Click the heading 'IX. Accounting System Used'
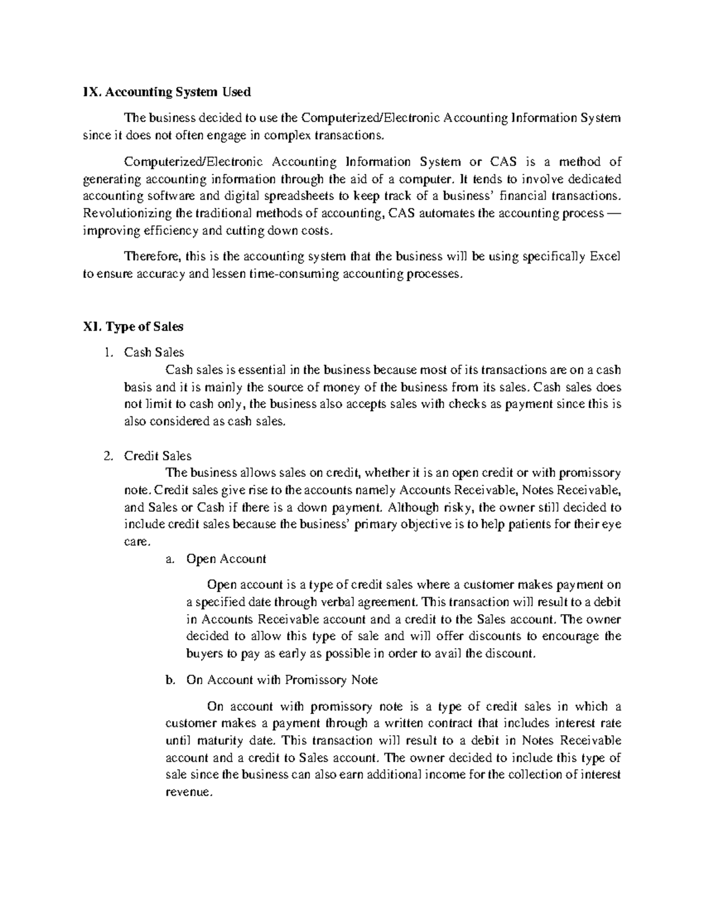[167, 92]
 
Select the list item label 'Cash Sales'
[154, 352]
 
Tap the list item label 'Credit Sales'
[157, 456]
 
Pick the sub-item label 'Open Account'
[226, 559]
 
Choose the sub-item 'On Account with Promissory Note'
[282, 680]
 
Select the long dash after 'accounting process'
[613, 213]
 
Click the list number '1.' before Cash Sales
[107, 353]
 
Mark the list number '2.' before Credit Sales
[107, 456]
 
